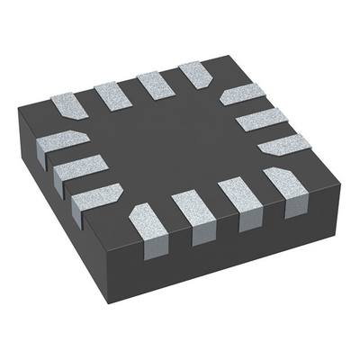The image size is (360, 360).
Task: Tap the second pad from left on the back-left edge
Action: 112,95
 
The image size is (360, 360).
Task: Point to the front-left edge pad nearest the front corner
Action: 96,197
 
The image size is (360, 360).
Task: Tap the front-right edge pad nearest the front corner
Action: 148,221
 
